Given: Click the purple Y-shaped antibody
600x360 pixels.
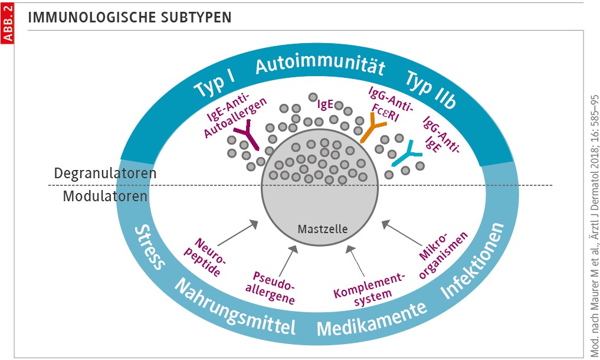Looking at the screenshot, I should tap(246, 138).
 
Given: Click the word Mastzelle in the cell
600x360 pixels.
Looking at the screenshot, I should tap(319, 228).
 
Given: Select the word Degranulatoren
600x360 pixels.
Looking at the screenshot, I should tap(105, 174).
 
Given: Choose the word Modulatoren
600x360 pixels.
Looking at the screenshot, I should tap(105, 196).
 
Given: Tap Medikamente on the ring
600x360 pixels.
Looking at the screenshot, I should tap(372, 318).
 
